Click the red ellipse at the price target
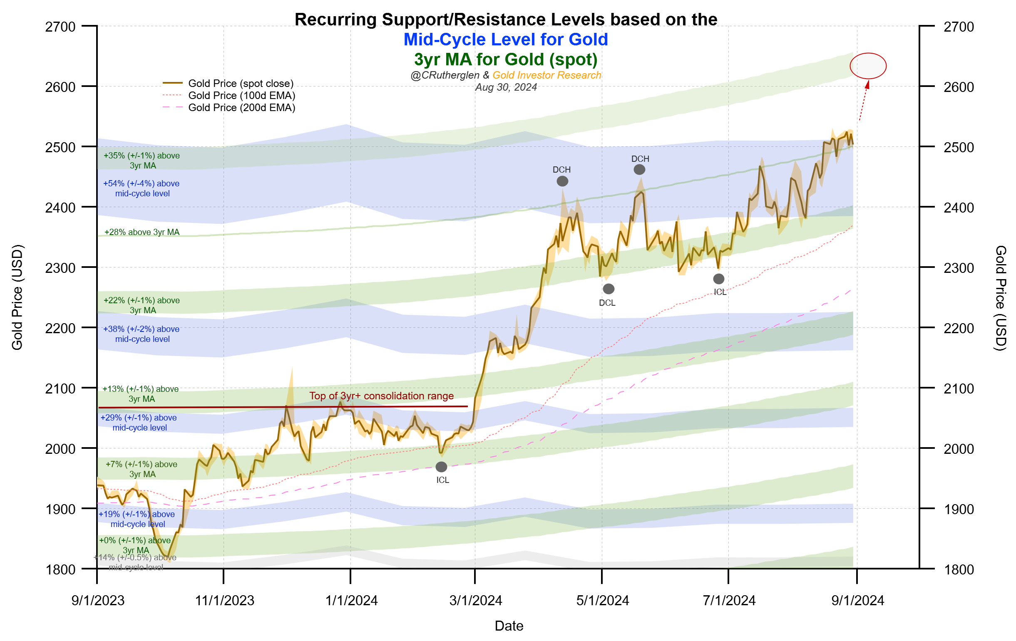pos(867,66)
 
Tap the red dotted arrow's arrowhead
pos(867,84)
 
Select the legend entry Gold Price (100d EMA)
pos(241,95)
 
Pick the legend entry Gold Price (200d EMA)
pos(241,108)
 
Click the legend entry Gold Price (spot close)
pos(241,83)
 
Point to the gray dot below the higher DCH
pos(639,169)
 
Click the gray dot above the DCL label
pos(608,289)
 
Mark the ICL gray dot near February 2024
pos(441,467)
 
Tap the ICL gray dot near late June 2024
pos(718,279)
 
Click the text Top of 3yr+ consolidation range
pos(381,396)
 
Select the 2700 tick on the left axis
pos(60,27)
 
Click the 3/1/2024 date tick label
pos(475,601)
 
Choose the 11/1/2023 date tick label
pos(224,601)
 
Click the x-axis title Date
pos(509,626)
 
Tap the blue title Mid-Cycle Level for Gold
pos(505,40)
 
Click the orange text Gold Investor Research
pos(547,75)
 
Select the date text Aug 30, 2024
pos(505,87)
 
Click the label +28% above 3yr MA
pos(142,232)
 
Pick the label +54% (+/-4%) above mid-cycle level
pos(142,188)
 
